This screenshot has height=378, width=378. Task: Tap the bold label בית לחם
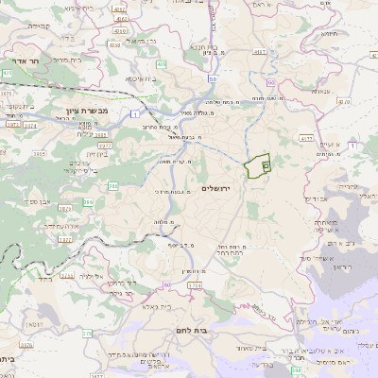pyautogui.click(x=193, y=329)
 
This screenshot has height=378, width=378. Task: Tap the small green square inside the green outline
pyautogui.click(x=266, y=165)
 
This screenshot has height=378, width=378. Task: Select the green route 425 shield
pyautogui.click(x=7, y=73)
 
